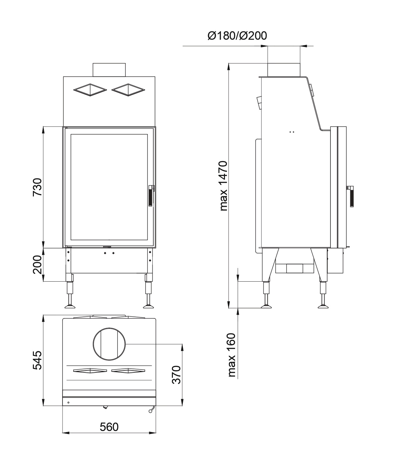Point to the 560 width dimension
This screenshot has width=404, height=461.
pyautogui.click(x=109, y=427)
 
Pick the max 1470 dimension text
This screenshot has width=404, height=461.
pyautogui.click(x=223, y=186)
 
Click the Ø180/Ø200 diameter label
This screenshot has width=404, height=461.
pyautogui.click(x=237, y=36)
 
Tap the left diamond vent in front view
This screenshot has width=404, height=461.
pyautogui.click(x=90, y=90)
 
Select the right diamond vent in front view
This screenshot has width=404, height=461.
pyautogui.click(x=128, y=90)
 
